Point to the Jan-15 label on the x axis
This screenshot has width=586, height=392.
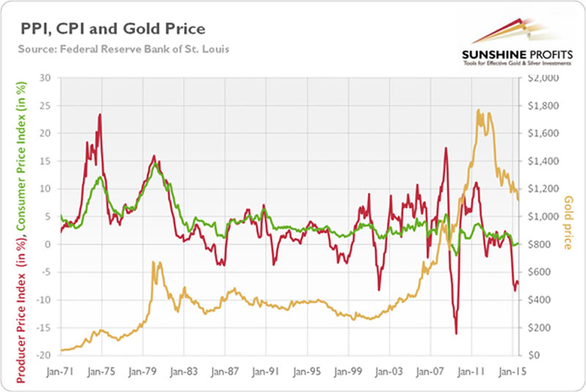point(511,370)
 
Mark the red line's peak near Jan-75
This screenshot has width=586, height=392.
point(100,115)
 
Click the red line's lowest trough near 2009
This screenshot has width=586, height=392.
point(456,333)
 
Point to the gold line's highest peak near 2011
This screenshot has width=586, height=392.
point(478,110)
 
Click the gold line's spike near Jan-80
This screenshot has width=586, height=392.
point(153,262)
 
